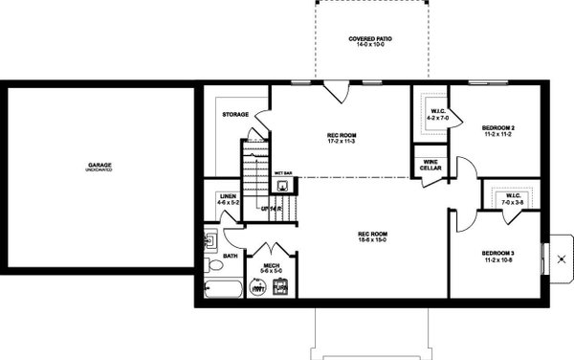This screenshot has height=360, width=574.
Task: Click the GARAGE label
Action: pos(100,165)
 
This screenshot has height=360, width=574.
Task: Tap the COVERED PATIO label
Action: pos(370,39)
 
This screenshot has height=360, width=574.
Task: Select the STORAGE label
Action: pos(235,114)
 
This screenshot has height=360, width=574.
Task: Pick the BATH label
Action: pos(231,256)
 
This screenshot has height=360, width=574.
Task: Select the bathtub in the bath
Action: pos(222,291)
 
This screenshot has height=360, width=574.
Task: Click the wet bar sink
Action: pos(284,184)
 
